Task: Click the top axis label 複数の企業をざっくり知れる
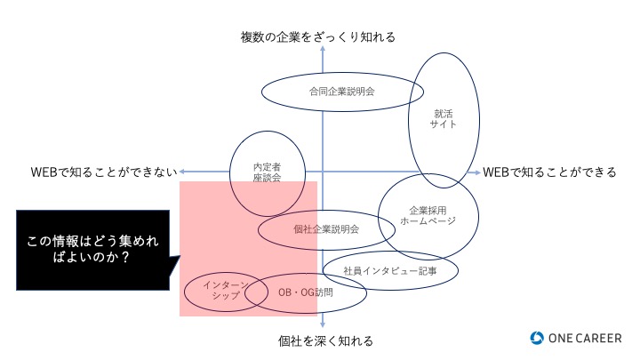(318, 37)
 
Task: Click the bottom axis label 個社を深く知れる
(325, 340)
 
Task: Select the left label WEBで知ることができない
(104, 172)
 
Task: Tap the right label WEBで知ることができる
(549, 172)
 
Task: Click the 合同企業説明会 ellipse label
(342, 92)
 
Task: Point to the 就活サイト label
(444, 119)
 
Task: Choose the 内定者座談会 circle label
(267, 172)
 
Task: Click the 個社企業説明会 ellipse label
(326, 229)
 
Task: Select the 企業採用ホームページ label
(428, 215)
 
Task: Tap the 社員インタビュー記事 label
(390, 270)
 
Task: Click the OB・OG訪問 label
(305, 292)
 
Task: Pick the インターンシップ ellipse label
(226, 290)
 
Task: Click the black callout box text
(92, 249)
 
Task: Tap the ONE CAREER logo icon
(537, 338)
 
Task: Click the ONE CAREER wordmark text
(585, 338)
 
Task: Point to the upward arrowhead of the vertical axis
(323, 48)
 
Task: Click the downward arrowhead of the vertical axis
(323, 325)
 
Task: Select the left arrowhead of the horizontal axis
(182, 172)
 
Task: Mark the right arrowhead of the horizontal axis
(477, 172)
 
